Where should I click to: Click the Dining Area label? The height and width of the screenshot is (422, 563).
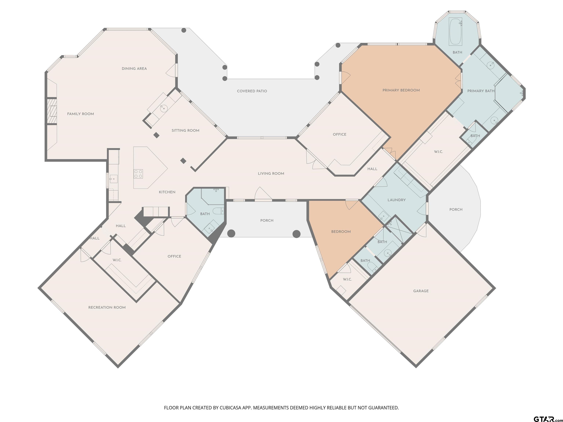point(134,69)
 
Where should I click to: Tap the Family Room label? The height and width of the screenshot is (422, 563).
point(80,114)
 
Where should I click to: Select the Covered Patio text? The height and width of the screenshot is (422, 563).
point(252,91)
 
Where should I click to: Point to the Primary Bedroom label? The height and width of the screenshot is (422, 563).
point(401,90)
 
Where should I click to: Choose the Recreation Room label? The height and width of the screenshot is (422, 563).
point(107,308)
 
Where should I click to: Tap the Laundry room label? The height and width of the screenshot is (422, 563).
point(397,200)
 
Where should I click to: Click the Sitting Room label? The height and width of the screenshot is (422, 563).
point(185,130)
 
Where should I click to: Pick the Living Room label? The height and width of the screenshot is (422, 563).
point(271,173)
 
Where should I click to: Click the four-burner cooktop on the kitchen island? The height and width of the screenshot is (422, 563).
point(138,174)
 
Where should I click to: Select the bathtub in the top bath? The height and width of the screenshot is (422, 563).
point(455,32)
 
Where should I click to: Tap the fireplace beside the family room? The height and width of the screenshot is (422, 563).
point(52,111)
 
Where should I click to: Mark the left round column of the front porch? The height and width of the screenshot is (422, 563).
point(231,234)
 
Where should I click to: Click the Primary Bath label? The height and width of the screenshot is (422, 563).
point(481,91)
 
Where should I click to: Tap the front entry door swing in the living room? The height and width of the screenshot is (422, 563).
point(263,193)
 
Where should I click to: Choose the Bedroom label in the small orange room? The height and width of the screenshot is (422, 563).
point(341,232)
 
